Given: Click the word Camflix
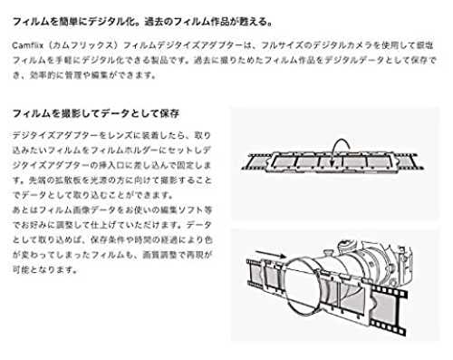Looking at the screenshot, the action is point(27,45).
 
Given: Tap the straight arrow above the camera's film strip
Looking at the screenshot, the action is point(271,254).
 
